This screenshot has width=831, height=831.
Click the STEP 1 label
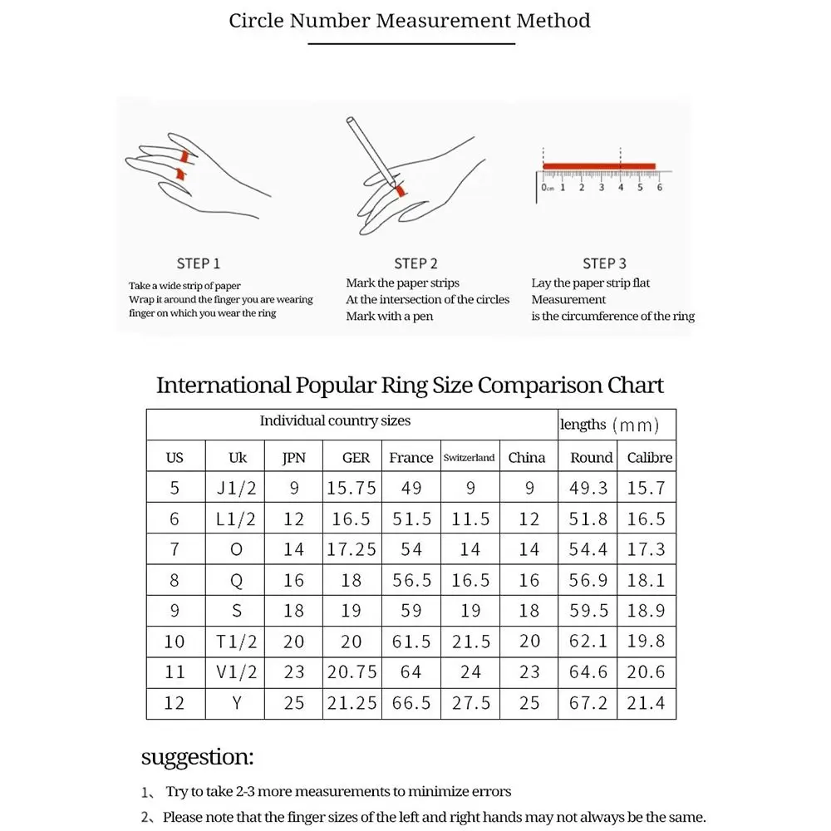199,263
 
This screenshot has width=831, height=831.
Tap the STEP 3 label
604,263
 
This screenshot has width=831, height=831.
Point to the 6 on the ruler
659,188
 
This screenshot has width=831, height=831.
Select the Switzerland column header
469,458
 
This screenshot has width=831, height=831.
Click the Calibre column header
650,458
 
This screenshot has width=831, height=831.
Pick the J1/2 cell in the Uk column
236,488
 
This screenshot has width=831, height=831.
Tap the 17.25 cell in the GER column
352,549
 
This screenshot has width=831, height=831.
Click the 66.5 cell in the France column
411,703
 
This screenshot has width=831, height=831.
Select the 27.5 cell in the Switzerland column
470,703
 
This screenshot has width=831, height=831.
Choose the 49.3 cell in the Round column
588,488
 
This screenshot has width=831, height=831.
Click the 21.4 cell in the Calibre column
646,703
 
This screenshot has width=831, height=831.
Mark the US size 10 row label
175,642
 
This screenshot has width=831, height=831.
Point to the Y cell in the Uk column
237,703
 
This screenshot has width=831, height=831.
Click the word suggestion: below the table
197,757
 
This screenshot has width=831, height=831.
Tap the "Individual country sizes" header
335,421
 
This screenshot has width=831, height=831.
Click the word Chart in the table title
636,386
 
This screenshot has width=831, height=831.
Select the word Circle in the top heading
257,21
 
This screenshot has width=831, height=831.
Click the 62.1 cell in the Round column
588,642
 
